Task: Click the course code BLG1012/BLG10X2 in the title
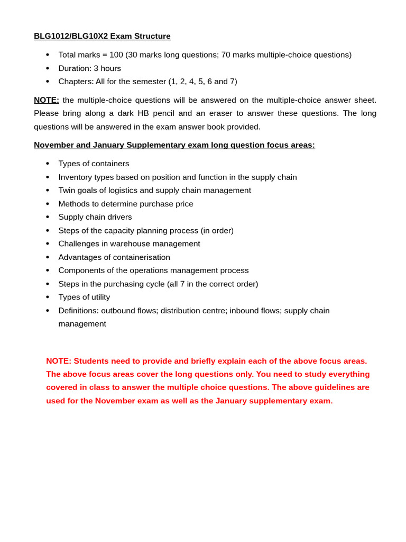pyautogui.click(x=71, y=36)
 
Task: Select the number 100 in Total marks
pyautogui.click(x=116, y=55)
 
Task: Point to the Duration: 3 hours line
pyautogui.click(x=89, y=68)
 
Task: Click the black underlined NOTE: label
pyautogui.click(x=47, y=100)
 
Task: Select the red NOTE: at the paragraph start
pyautogui.click(x=59, y=361)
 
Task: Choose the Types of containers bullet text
pyautogui.click(x=94, y=164)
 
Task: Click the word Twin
pyautogui.click(x=67, y=190)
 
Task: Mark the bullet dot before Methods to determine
pyautogui.click(x=48, y=204)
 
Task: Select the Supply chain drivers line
pyautogui.click(x=95, y=217)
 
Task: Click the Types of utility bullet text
pyautogui.click(x=84, y=297)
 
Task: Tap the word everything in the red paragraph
pyautogui.click(x=349, y=374)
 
